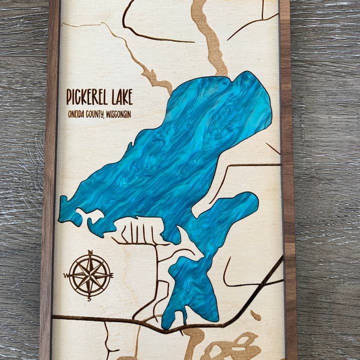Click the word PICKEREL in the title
pos(86,97)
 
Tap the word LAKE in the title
pos(120,97)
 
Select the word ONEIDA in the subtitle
pos(77,114)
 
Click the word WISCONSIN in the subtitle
pos(120,114)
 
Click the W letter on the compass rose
pos(66,275)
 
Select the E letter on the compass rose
pos(112,275)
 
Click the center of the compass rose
pos(89,275)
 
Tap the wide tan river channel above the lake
pos(210,40)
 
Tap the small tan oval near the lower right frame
pos(255,315)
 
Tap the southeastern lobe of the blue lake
pos(235,210)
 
